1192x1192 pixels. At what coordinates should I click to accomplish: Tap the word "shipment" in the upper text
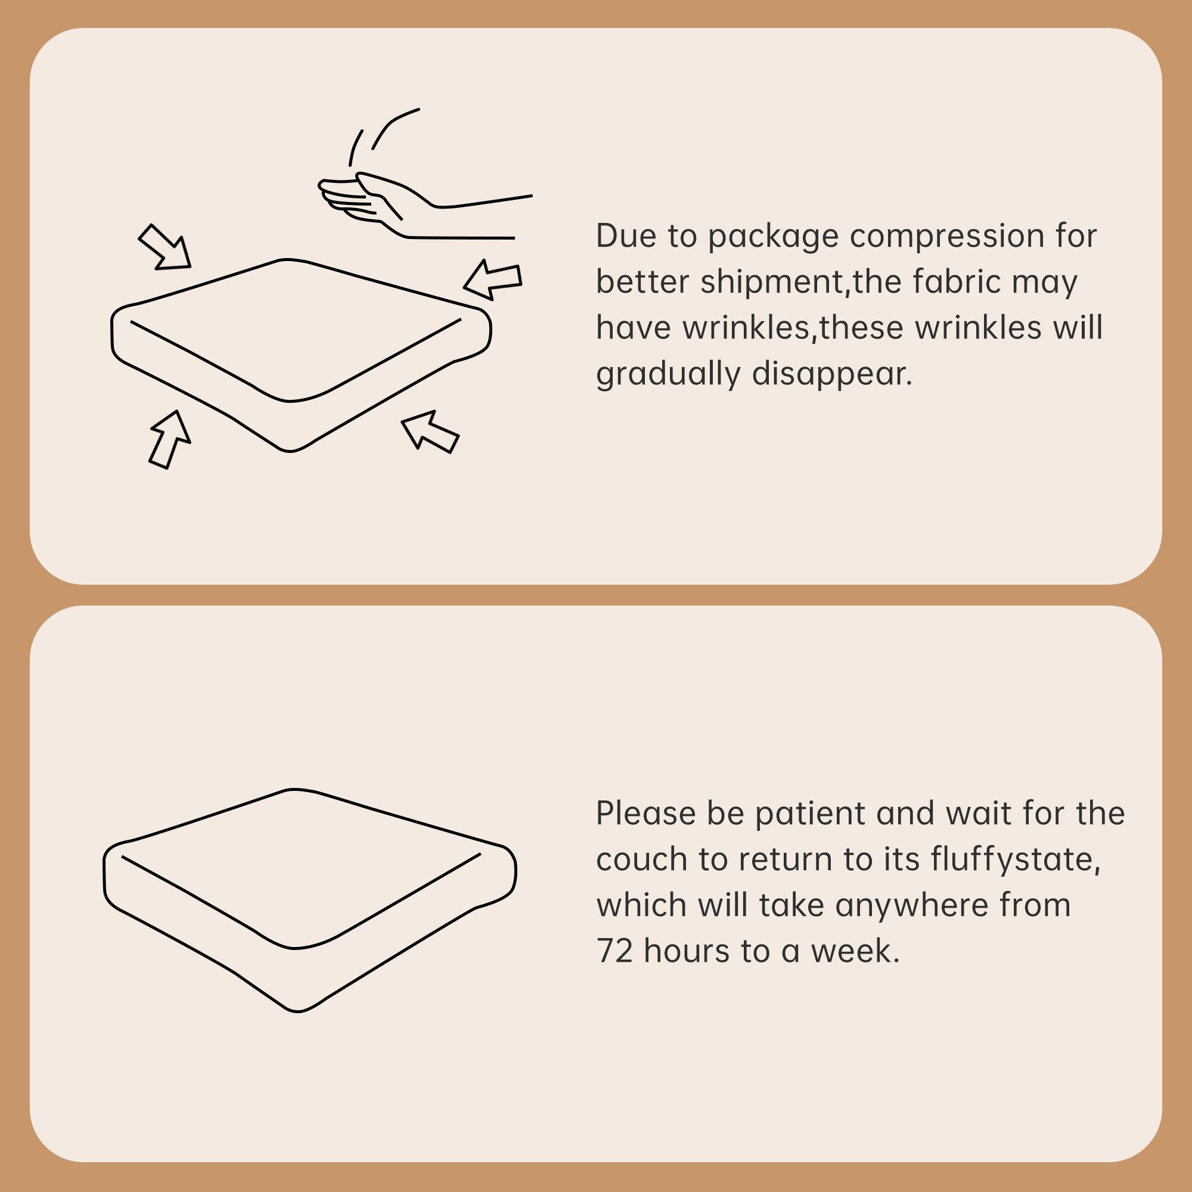point(771,282)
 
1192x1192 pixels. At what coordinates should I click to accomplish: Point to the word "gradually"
point(668,374)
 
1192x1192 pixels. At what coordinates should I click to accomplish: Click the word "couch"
point(642,859)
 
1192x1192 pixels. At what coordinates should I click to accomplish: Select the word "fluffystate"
point(1015,859)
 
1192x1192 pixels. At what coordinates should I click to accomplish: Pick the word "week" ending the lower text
point(854,951)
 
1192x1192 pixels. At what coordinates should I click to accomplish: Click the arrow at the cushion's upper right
point(493,279)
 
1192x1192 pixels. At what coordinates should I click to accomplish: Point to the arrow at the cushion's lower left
point(169,439)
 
